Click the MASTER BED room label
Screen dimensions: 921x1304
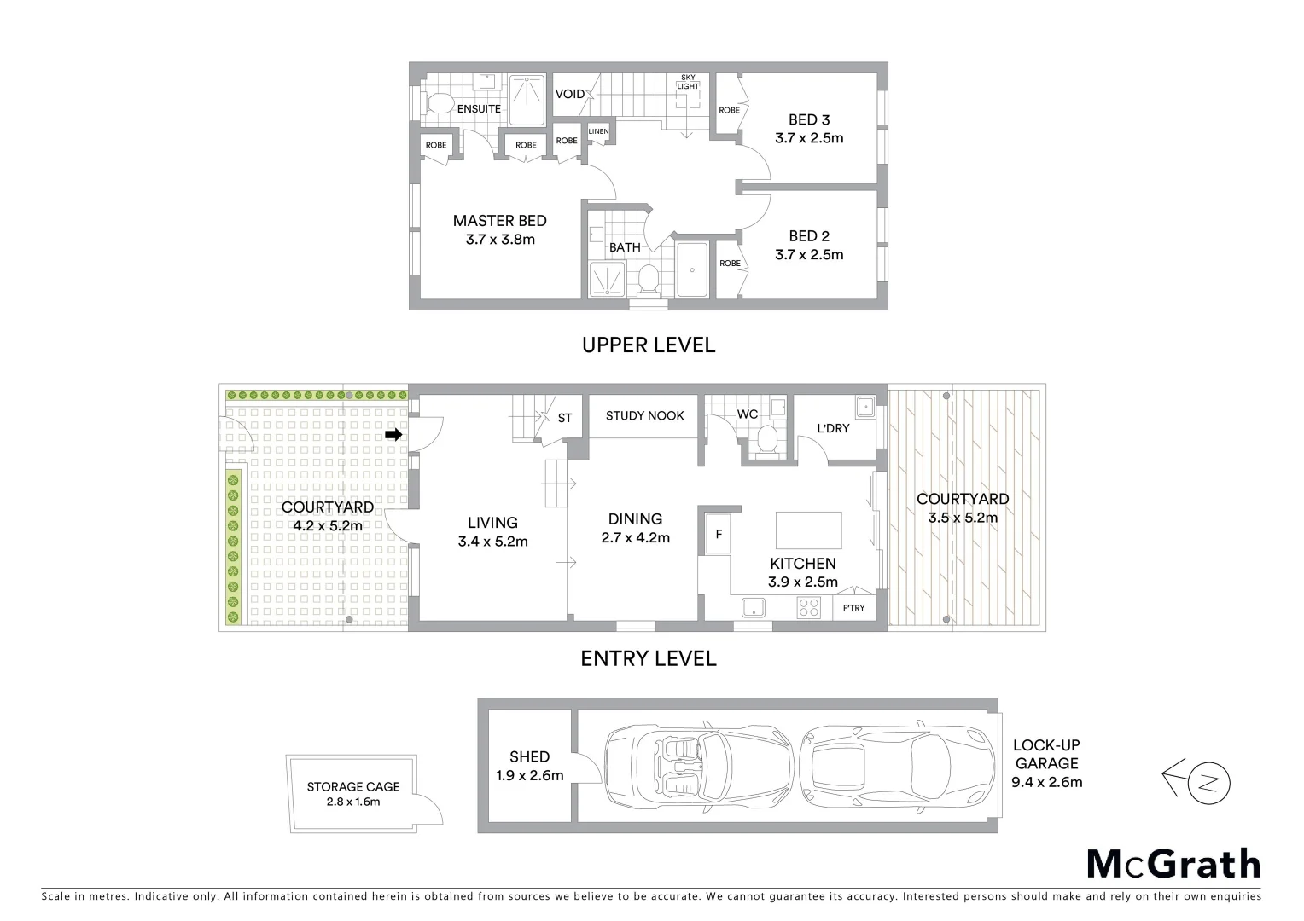tap(499, 221)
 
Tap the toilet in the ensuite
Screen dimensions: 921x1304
tap(439, 105)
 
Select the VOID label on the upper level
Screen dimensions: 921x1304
tap(570, 94)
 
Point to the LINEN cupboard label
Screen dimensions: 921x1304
tap(598, 131)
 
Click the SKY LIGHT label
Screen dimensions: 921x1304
tap(688, 82)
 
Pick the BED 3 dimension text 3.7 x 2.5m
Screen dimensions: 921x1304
tap(809, 138)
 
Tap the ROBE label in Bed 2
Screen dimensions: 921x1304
tap(730, 264)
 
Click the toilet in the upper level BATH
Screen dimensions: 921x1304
tap(649, 277)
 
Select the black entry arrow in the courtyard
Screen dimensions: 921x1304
tap(393, 435)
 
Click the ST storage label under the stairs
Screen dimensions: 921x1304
tap(565, 418)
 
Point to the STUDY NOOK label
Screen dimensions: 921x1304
tap(644, 416)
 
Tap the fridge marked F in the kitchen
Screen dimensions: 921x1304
tap(719, 536)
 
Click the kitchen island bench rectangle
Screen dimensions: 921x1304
tap(808, 530)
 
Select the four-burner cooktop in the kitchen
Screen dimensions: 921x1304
tap(808, 608)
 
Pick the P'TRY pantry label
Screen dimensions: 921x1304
tap(853, 608)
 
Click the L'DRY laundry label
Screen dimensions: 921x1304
tap(833, 428)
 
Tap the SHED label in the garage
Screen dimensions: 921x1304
tap(529, 756)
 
